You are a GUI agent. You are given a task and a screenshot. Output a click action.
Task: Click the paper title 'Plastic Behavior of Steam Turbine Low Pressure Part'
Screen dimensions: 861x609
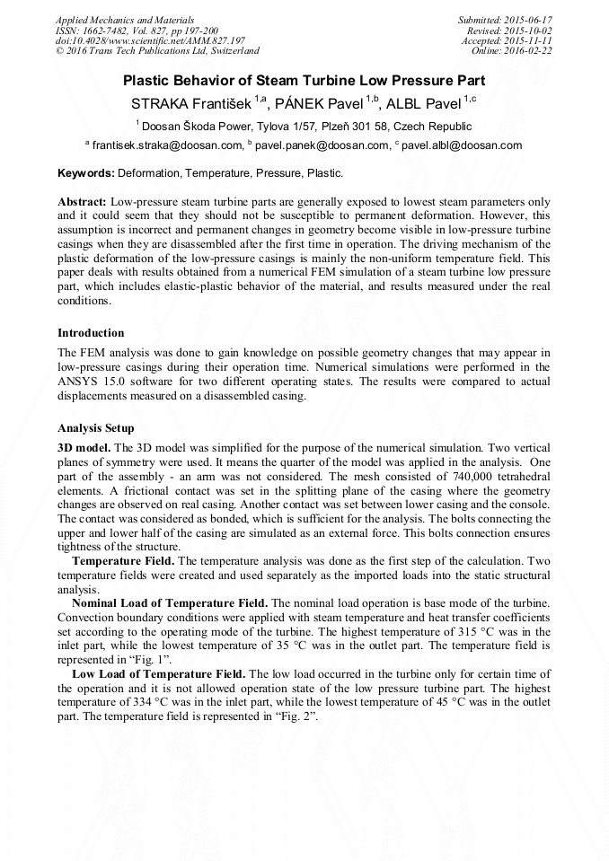[x=304, y=80]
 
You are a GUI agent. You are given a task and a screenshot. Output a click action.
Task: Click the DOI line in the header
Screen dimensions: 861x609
[x=150, y=40]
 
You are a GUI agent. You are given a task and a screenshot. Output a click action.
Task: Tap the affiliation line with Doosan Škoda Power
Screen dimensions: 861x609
[x=304, y=127]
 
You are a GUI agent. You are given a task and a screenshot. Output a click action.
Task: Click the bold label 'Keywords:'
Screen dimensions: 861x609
[x=86, y=172]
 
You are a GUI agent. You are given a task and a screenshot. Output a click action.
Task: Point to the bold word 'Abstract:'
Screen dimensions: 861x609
[x=83, y=202]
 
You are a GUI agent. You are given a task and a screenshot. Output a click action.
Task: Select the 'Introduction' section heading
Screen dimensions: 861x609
[x=91, y=333]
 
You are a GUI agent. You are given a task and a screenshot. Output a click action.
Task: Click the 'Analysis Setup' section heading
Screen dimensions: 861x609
[x=95, y=428]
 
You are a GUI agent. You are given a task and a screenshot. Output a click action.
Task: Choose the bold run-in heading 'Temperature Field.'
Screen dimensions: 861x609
[x=123, y=560]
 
